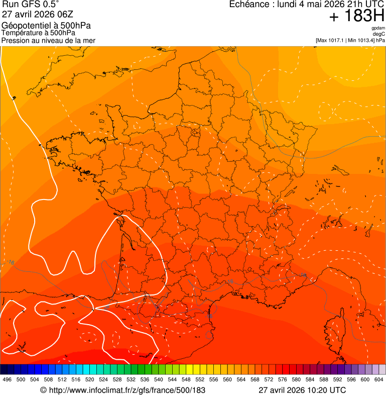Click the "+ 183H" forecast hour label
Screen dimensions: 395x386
tap(356, 17)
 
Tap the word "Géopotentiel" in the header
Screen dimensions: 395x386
tap(25, 26)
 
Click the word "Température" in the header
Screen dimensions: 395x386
tap(21, 33)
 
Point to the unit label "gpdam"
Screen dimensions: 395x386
tap(378, 28)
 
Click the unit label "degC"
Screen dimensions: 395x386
tap(379, 34)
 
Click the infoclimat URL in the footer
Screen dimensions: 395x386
tap(127, 390)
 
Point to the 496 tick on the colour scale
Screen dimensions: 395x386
tap(7, 379)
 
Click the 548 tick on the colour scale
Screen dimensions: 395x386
tap(186, 379)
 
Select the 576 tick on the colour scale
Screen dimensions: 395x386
tap(282, 379)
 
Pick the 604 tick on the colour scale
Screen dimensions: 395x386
tap(378, 379)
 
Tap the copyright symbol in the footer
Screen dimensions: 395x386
tap(43, 390)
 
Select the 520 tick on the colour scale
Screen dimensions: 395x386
tap(89, 379)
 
